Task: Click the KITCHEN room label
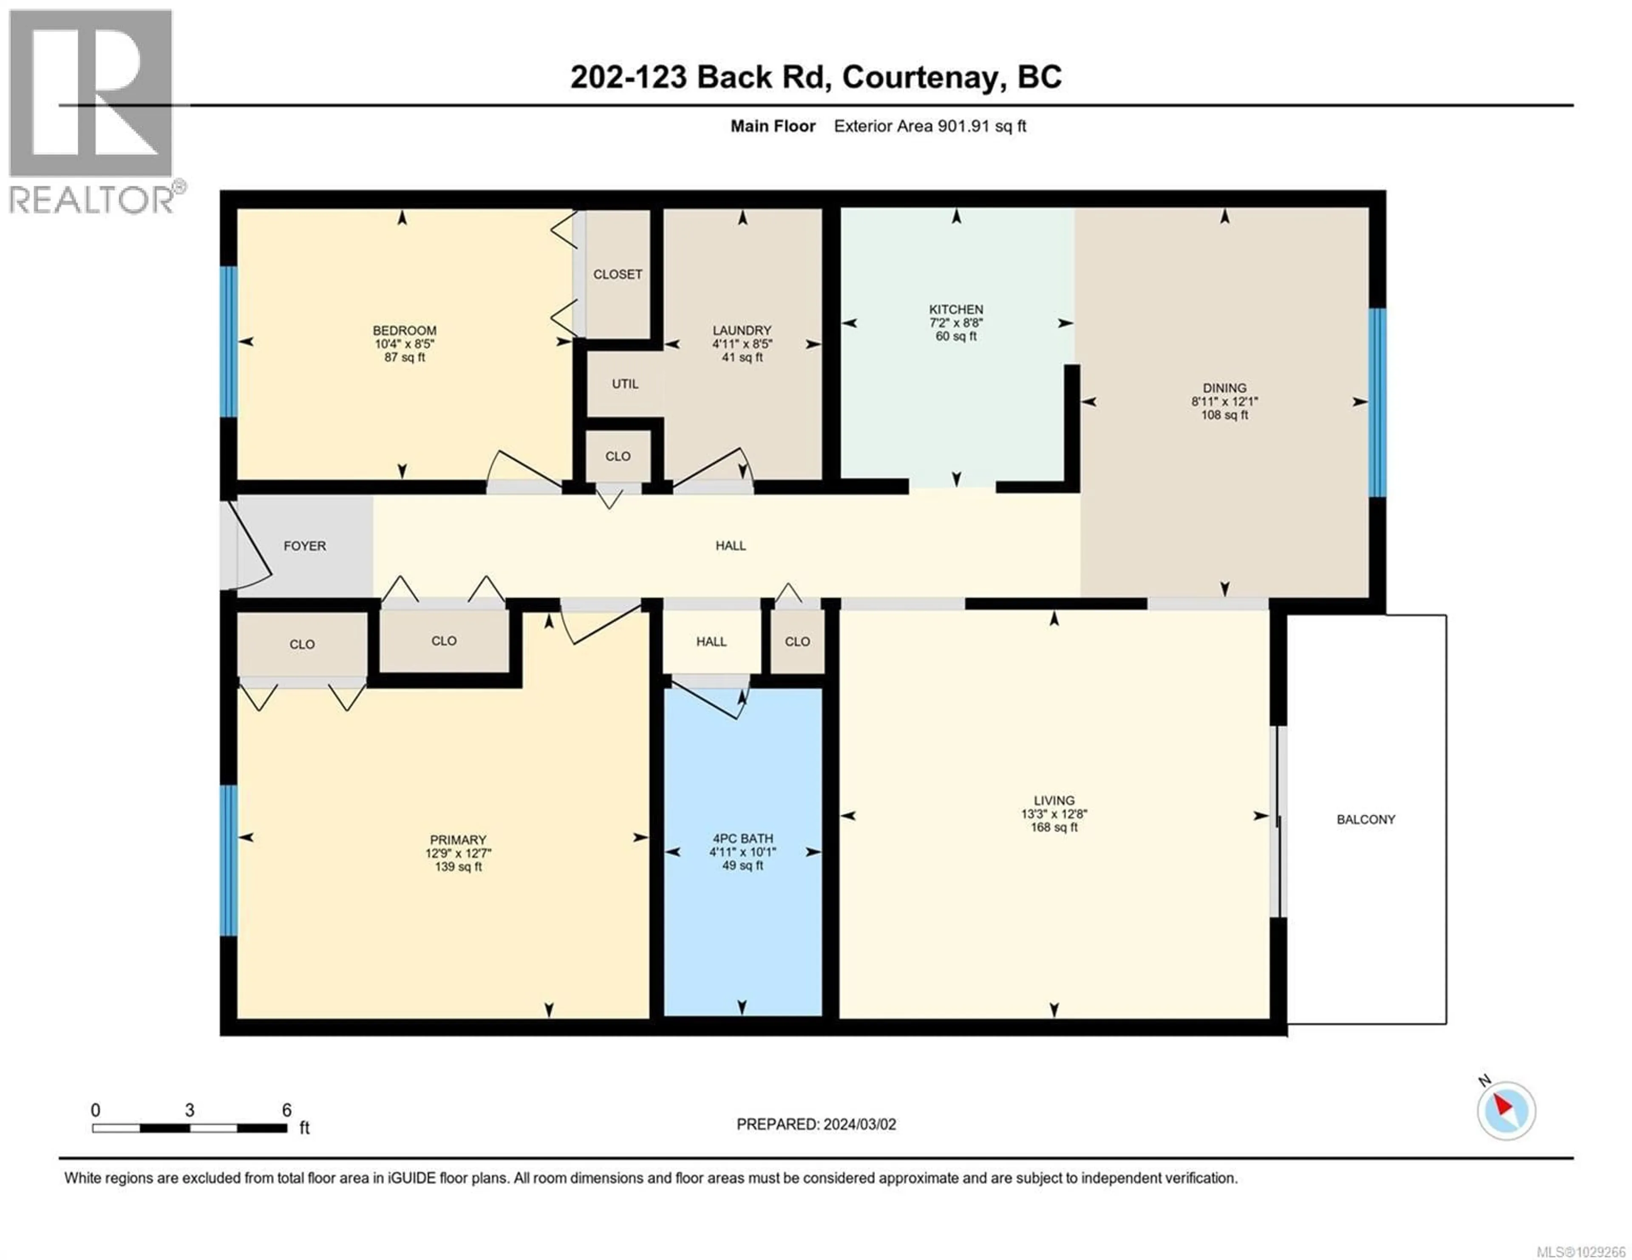[956, 309]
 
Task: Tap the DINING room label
[1224, 389]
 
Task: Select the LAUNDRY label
[741, 330]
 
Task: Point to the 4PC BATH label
[742, 839]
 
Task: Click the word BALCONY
[1365, 819]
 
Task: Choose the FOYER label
[305, 546]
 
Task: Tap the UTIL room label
[625, 384]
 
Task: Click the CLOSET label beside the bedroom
[617, 274]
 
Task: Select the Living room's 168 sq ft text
[1054, 828]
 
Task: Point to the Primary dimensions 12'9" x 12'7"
[458, 853]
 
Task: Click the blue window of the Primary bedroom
[228, 860]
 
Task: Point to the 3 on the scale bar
[190, 1111]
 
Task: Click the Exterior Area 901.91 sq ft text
[929, 126]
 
